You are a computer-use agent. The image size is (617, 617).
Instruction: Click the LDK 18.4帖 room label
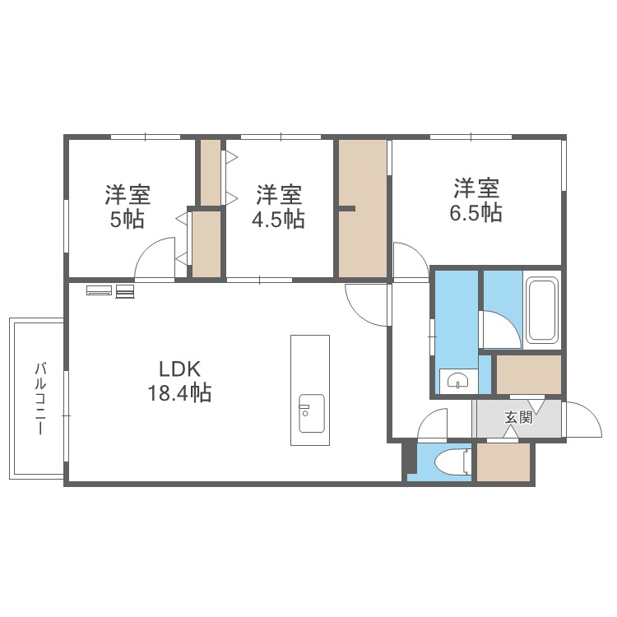pyautogui.click(x=179, y=381)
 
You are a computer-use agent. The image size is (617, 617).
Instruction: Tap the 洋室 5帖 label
pyautogui.click(x=128, y=206)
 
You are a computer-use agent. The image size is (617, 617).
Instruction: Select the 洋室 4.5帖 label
pyautogui.click(x=279, y=206)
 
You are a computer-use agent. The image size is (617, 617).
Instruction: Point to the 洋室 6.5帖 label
pyautogui.click(x=476, y=200)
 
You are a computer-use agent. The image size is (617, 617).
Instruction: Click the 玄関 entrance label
pyautogui.click(x=518, y=418)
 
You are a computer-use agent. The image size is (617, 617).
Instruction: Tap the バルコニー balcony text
pyautogui.click(x=40, y=399)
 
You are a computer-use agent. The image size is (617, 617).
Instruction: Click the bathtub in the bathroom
pyautogui.click(x=543, y=309)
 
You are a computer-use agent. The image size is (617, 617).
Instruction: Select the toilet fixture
pyautogui.click(x=453, y=462)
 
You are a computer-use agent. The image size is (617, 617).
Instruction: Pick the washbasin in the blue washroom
pyautogui.click(x=458, y=381)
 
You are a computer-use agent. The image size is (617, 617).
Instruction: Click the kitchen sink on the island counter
pyautogui.click(x=311, y=413)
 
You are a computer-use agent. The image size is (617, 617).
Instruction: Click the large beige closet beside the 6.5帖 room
pyautogui.click(x=363, y=209)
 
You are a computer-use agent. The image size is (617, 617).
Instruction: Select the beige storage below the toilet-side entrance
pyautogui.click(x=503, y=462)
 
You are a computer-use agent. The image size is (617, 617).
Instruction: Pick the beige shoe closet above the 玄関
pyautogui.click(x=528, y=374)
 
